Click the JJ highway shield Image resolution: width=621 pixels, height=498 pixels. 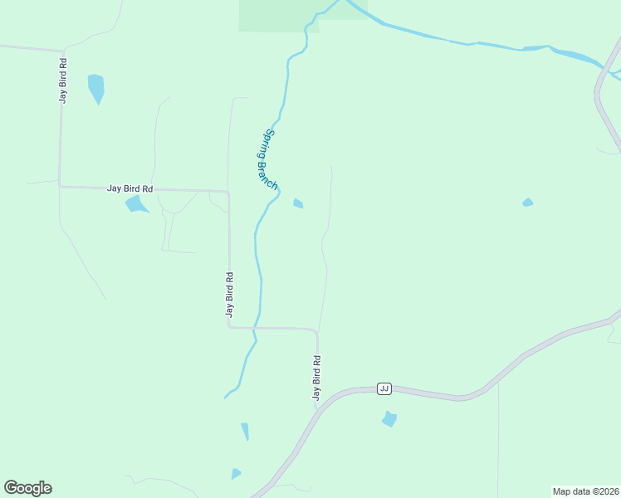[x=384, y=388]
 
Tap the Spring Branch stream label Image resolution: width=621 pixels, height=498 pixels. [x=266, y=159]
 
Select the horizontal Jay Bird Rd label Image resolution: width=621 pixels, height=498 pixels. [x=130, y=188]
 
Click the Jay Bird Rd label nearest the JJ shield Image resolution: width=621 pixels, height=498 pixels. [x=316, y=378]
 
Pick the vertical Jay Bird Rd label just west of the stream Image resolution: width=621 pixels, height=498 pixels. [x=229, y=295]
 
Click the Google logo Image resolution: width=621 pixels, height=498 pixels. [x=27, y=488]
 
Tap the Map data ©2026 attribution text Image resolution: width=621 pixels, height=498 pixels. [x=585, y=491]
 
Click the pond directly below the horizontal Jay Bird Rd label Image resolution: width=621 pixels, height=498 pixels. [x=134, y=204]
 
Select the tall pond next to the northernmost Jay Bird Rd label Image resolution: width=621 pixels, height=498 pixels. [x=96, y=87]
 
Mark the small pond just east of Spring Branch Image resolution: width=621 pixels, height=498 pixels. [x=298, y=203]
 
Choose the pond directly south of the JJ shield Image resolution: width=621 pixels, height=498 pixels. [x=389, y=419]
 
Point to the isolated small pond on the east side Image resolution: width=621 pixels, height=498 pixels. [x=527, y=203]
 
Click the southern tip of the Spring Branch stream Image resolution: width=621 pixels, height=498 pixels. [x=225, y=398]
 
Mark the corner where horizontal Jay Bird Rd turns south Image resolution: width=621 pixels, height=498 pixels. [x=227, y=193]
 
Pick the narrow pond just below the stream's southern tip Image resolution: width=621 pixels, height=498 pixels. [x=245, y=432]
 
